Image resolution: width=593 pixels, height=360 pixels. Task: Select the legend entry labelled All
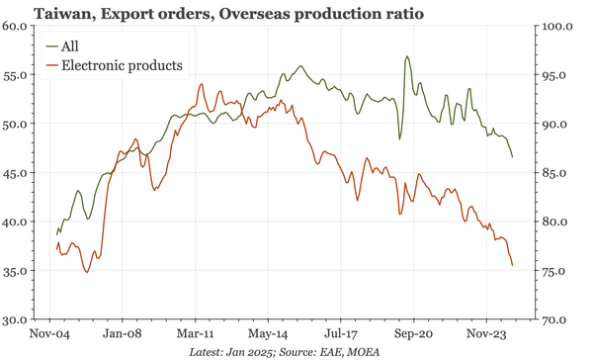pos(69,46)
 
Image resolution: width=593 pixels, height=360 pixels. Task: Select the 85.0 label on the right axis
pos(561,173)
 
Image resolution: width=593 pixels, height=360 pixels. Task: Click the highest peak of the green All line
pos(406,57)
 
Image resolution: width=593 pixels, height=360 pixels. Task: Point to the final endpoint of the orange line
pos(512,266)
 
